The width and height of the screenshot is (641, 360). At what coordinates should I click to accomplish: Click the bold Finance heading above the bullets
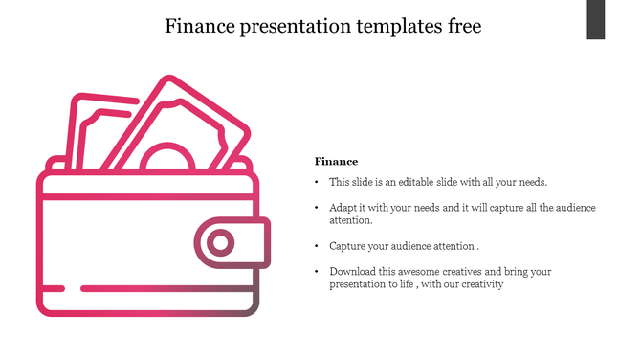click(336, 162)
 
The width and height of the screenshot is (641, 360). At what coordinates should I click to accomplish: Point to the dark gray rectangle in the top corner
click(595, 20)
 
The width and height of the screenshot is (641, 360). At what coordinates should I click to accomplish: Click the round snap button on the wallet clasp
click(221, 243)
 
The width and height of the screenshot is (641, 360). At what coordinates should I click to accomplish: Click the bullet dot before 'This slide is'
click(317, 182)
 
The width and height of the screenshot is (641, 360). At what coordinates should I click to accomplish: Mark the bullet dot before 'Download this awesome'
click(317, 272)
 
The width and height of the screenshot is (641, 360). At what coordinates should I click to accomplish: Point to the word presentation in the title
click(298, 26)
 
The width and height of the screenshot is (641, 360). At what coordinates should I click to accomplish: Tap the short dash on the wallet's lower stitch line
click(54, 288)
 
